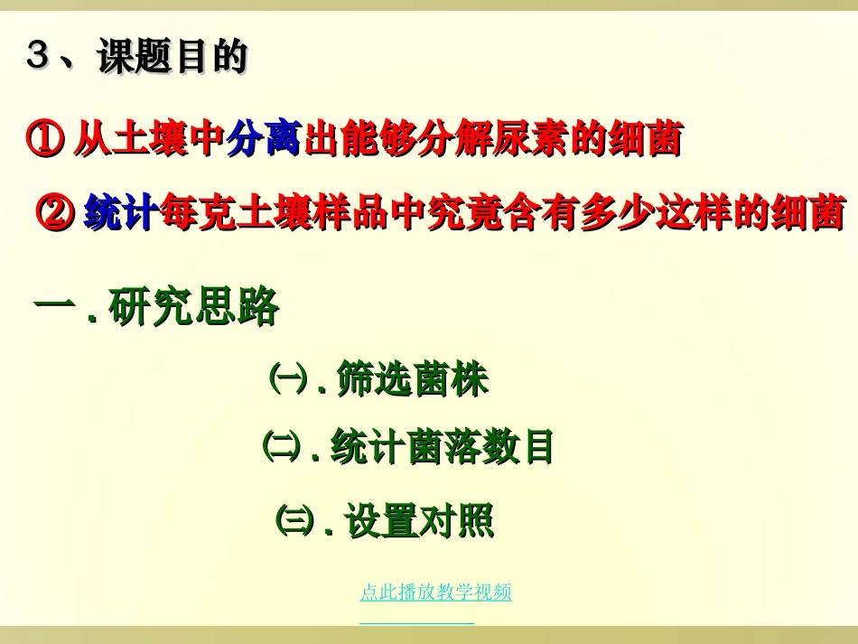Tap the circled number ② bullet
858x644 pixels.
pos(54,213)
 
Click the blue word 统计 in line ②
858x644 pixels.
pos(121,213)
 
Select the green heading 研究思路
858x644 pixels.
pos(193,308)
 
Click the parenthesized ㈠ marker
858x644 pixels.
pos(287,378)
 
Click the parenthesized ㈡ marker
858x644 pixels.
pos(280,445)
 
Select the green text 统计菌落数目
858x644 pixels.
pos(442,447)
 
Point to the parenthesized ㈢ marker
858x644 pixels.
pos(294,520)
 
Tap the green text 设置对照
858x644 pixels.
pos(420,522)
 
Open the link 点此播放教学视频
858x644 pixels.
pos(435,593)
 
